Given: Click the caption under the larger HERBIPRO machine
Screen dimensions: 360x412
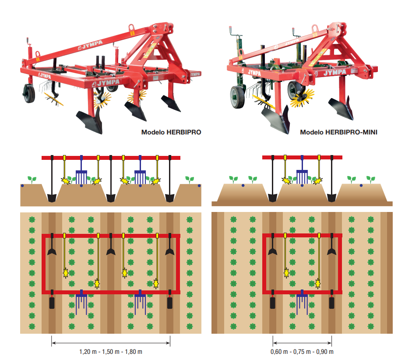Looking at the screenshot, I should click(171, 132).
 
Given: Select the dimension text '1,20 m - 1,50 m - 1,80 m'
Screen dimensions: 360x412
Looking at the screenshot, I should click(111, 352).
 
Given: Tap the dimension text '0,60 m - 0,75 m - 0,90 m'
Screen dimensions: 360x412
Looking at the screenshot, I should click(302, 352).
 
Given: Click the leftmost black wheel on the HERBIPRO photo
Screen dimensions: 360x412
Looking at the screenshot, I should click(29, 93).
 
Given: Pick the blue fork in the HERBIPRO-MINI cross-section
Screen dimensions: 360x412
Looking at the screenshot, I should click(302, 176).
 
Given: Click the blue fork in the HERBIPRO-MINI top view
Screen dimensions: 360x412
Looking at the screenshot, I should click(302, 300).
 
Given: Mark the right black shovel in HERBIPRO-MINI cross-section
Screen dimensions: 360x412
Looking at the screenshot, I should click(331, 196).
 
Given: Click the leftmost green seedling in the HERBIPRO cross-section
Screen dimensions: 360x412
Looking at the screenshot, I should click(31, 179).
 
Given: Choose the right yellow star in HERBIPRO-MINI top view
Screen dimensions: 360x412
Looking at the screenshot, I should click(319, 284).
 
